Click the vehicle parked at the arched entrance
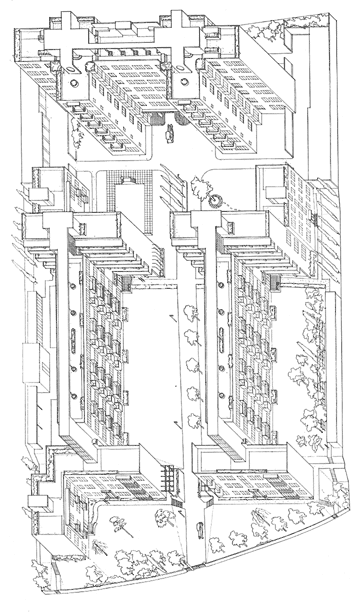point(171,130)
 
